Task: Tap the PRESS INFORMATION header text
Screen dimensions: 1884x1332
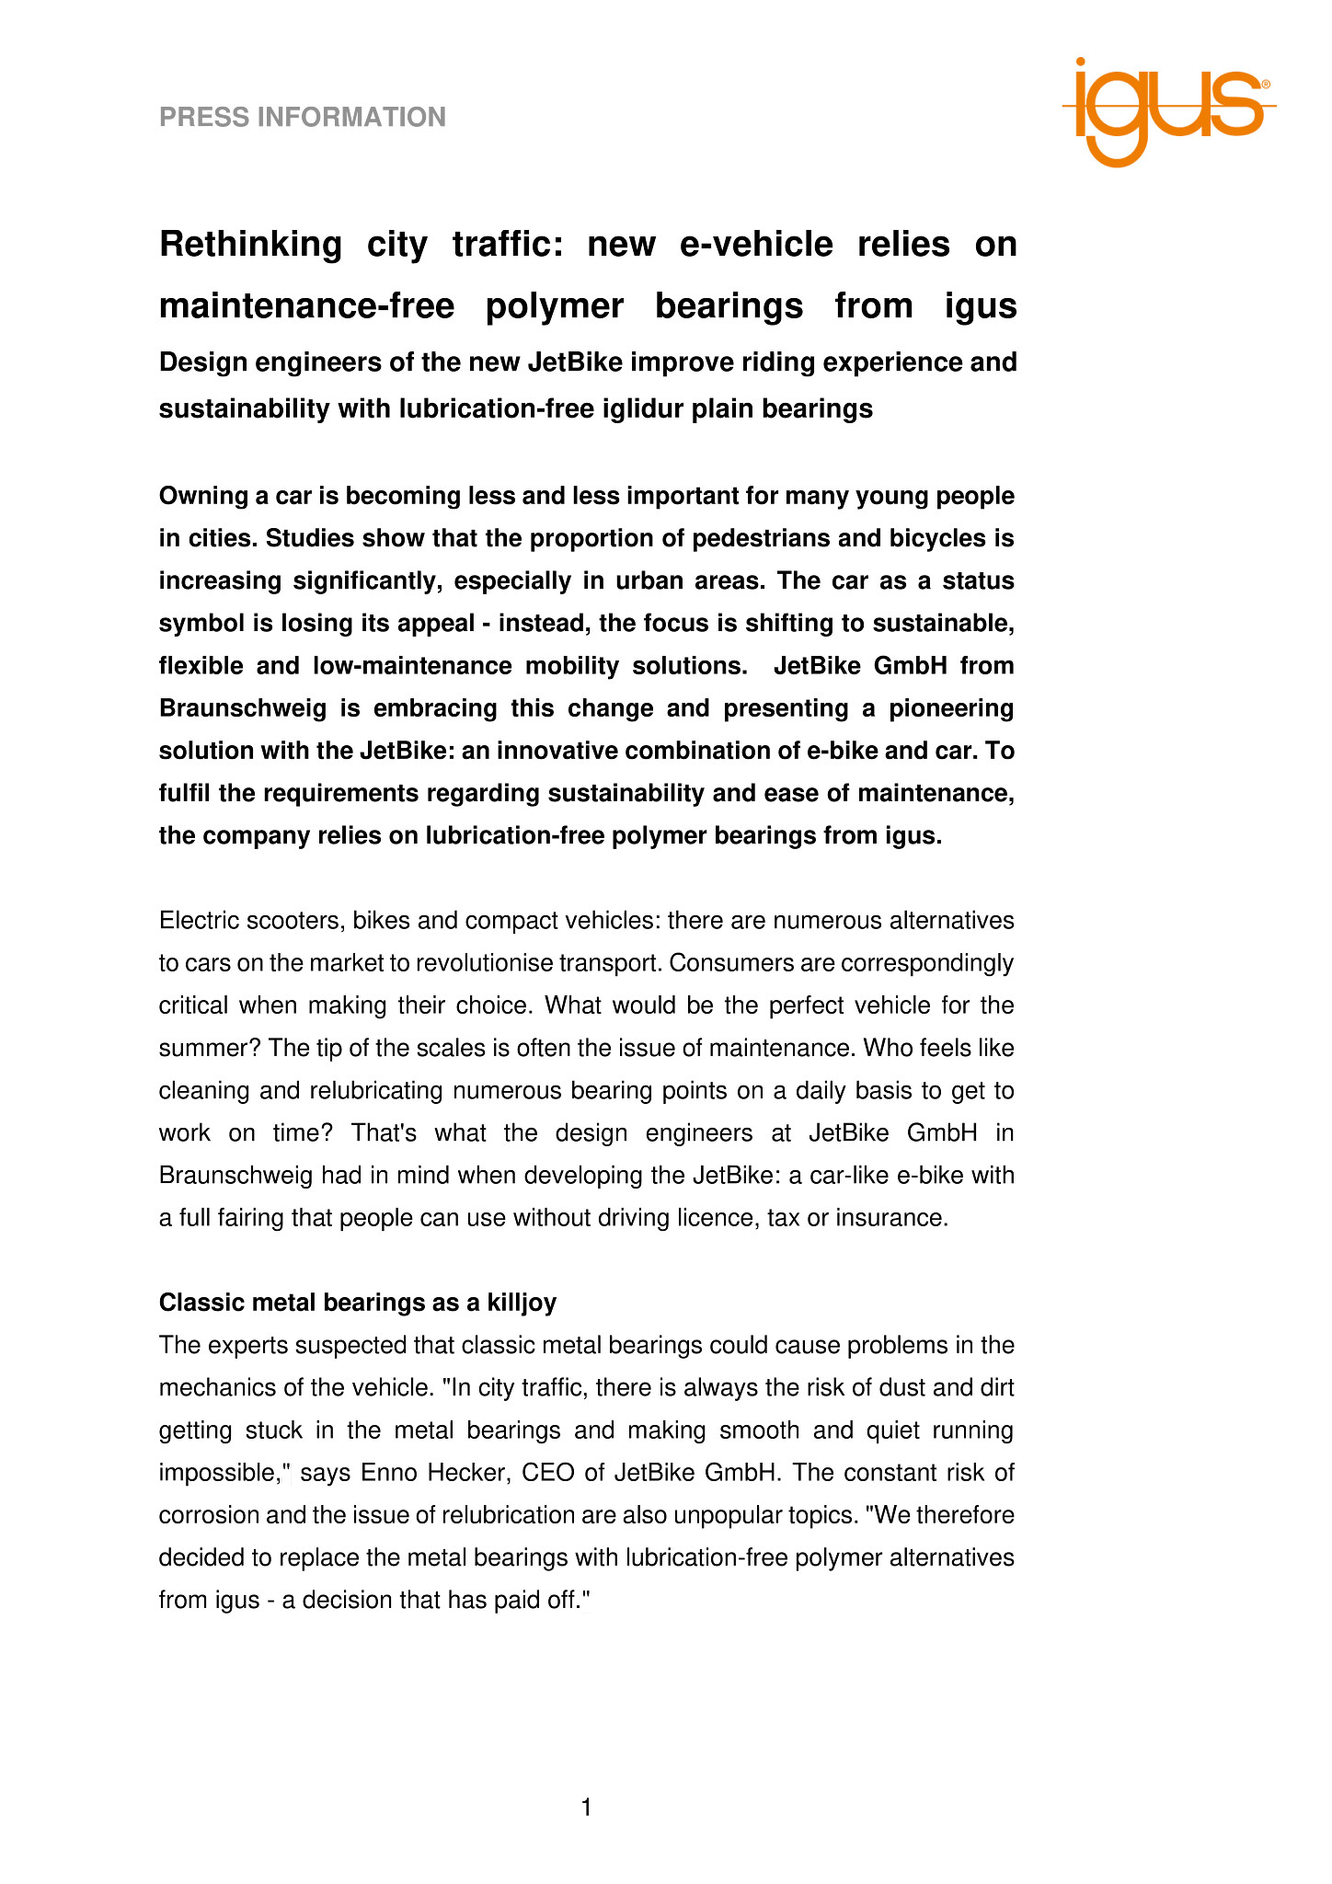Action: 303,118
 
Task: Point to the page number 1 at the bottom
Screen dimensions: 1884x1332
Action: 587,1809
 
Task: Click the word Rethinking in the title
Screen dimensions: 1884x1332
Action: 250,245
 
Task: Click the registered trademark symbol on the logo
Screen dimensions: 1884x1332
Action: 1265,84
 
